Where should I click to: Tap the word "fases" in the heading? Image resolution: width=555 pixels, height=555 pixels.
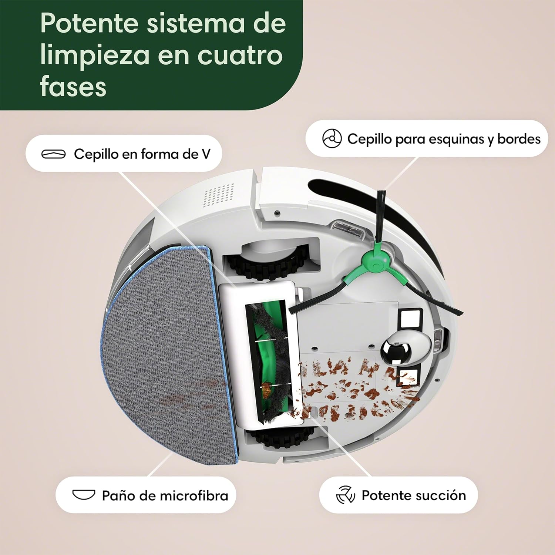tap(73, 87)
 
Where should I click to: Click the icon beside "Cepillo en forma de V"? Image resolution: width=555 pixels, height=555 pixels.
tap(53, 154)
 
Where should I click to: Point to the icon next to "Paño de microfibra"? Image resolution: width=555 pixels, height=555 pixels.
tap(84, 495)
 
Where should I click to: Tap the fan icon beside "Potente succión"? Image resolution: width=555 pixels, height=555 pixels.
tap(345, 495)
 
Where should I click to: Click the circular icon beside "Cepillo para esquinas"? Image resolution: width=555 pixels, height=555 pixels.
tap(332, 139)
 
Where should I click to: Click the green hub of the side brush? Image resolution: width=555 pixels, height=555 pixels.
tap(376, 260)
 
